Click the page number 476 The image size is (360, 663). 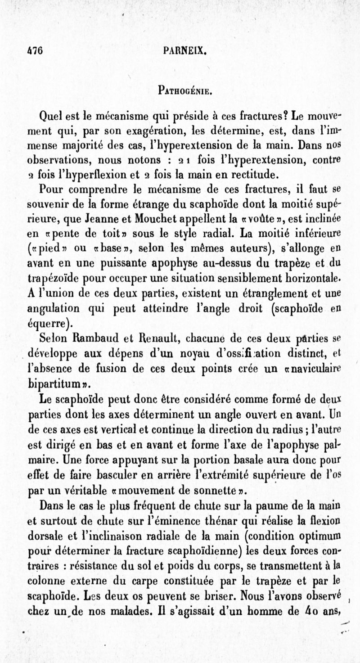click(x=34, y=51)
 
